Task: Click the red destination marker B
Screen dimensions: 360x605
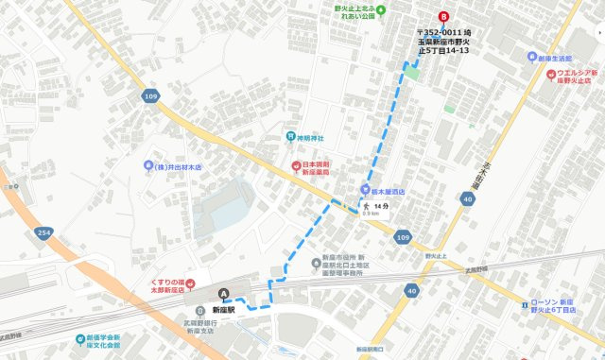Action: click(x=444, y=17)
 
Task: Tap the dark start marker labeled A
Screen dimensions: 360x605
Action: click(x=224, y=293)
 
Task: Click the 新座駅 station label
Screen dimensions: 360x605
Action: click(x=223, y=310)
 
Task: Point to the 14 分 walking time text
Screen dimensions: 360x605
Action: click(x=381, y=205)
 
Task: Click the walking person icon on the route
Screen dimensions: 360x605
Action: click(x=362, y=205)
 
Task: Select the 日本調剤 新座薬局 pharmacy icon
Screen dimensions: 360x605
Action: click(x=295, y=167)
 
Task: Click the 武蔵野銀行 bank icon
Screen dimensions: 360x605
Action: click(x=199, y=311)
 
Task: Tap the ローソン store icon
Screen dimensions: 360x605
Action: click(x=526, y=303)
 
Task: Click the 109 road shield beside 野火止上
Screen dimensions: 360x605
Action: click(x=403, y=237)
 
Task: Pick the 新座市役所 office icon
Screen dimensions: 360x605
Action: click(x=318, y=264)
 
